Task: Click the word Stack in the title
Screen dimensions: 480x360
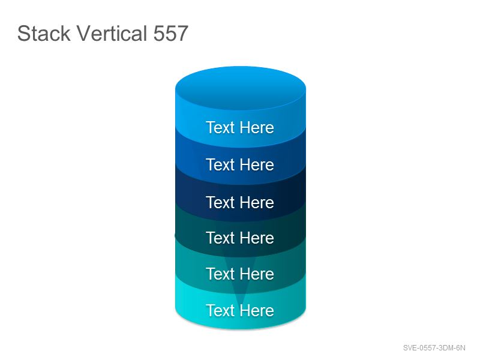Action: tap(44, 33)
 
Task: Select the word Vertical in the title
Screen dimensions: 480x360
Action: tap(112, 33)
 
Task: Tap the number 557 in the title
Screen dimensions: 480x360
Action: tap(170, 34)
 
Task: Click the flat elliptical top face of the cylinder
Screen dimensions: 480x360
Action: tap(241, 88)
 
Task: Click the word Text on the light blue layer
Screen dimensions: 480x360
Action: tap(220, 127)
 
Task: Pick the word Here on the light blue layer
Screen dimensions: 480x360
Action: tap(257, 127)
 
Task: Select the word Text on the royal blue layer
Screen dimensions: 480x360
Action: tap(220, 164)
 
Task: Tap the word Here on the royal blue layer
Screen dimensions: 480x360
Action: tap(257, 164)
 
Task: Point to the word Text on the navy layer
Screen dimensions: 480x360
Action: tap(220, 202)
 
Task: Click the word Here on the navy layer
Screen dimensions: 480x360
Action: tap(257, 202)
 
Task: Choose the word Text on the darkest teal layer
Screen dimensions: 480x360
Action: tap(220, 238)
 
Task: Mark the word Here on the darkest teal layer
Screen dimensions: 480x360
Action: tap(257, 238)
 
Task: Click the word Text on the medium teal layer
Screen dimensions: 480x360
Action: tap(220, 274)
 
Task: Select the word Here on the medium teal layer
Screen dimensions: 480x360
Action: tap(257, 274)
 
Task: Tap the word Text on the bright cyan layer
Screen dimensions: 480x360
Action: tap(220, 310)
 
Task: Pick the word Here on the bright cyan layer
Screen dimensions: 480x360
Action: tap(257, 310)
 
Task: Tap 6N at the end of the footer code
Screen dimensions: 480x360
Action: tap(460, 348)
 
